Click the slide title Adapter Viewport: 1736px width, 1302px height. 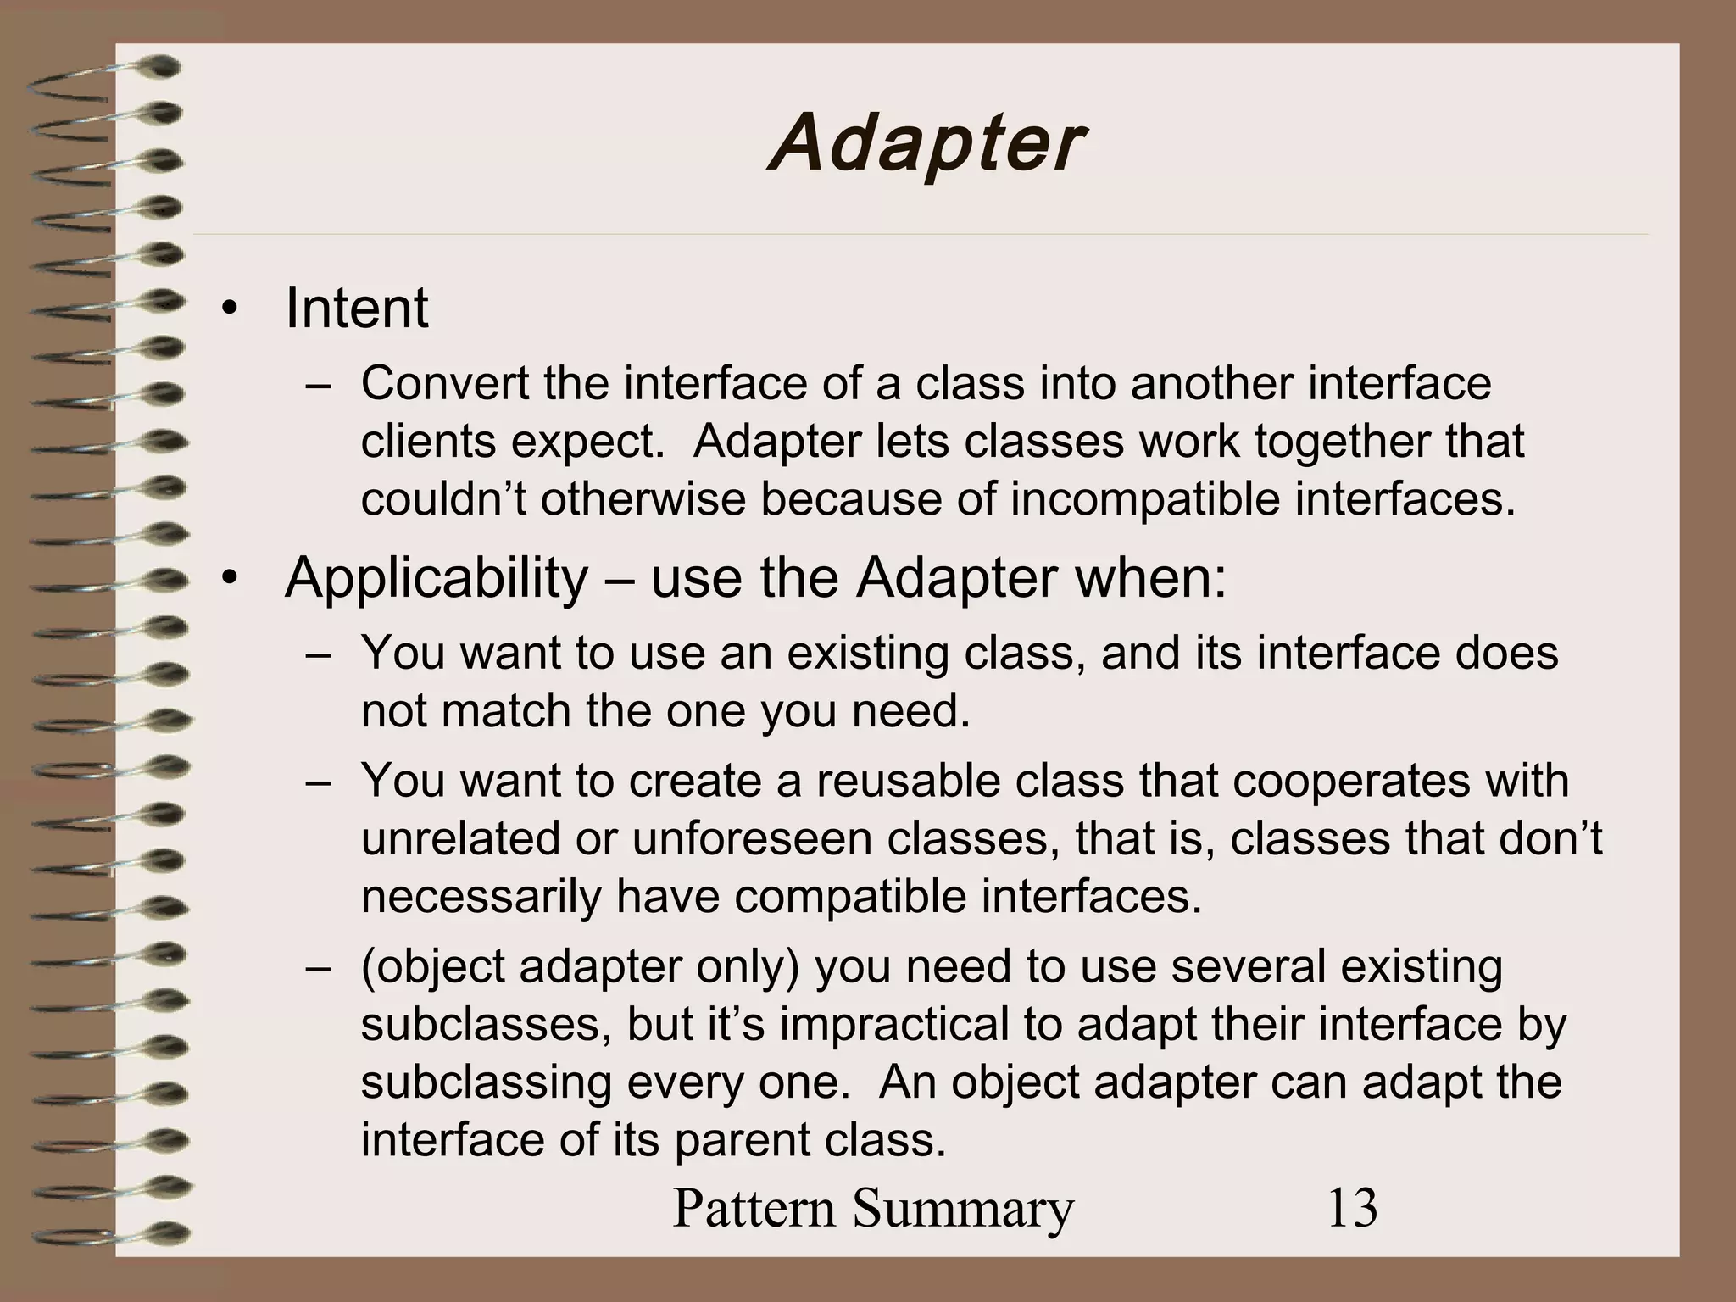(x=926, y=144)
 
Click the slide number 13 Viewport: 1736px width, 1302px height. (x=1352, y=1207)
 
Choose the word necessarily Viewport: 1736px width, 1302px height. (x=481, y=897)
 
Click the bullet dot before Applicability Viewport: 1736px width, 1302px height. (x=226, y=581)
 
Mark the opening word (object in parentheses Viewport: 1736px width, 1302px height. (x=431, y=967)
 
